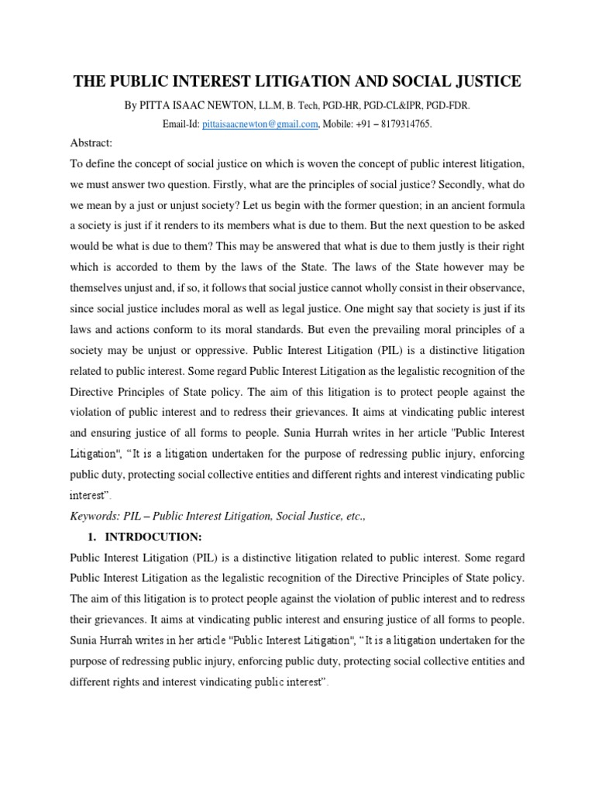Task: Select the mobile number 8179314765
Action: (404, 124)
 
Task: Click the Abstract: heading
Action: (91, 143)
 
